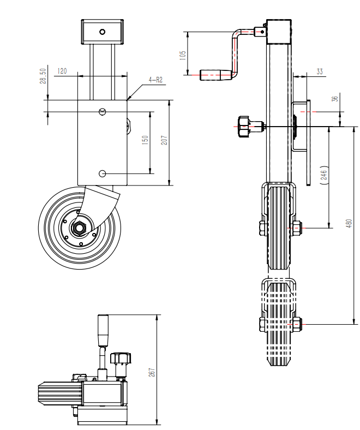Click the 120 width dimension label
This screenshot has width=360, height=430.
pos(62,71)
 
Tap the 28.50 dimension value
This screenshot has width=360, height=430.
pos(43,76)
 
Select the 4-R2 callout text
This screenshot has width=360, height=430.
pos(155,80)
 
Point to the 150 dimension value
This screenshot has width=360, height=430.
pos(145,140)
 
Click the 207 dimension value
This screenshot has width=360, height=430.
pos(164,140)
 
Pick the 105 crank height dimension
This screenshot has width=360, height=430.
pos(183,55)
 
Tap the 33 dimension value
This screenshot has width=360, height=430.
pos(320,71)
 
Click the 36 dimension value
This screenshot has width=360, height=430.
pos(335,99)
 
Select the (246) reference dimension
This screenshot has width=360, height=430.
pos(324,175)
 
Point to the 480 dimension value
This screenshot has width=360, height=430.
pos(349,223)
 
